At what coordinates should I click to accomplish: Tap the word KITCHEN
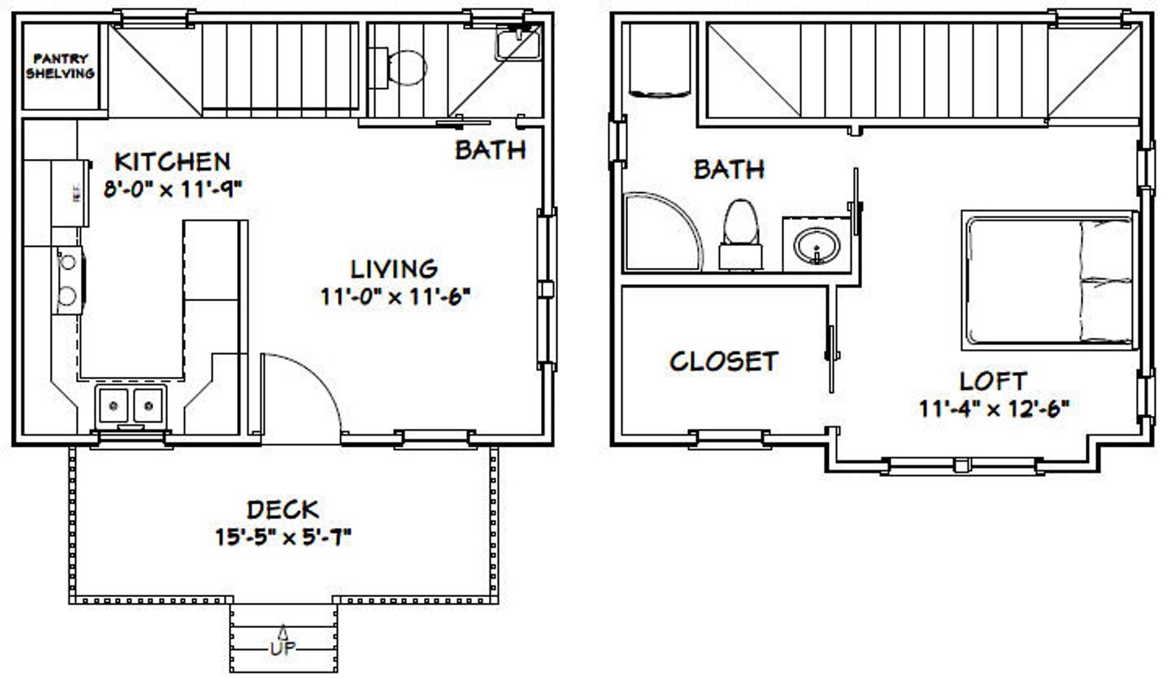(172, 161)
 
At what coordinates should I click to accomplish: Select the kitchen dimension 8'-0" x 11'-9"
(173, 189)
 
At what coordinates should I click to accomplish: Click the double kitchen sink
(130, 406)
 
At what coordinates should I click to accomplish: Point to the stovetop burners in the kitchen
(68, 279)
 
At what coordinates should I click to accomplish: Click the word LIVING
(394, 269)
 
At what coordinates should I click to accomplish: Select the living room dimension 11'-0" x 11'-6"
(395, 297)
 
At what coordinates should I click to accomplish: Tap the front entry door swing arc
(309, 383)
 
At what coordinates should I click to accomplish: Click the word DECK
(283, 509)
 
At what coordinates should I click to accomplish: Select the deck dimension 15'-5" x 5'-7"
(283, 537)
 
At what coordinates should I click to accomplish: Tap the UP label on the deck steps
(283, 649)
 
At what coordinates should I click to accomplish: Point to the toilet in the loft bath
(741, 233)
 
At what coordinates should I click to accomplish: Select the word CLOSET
(723, 361)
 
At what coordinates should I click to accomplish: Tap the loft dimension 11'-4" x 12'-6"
(993, 408)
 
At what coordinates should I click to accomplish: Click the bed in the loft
(1047, 280)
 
